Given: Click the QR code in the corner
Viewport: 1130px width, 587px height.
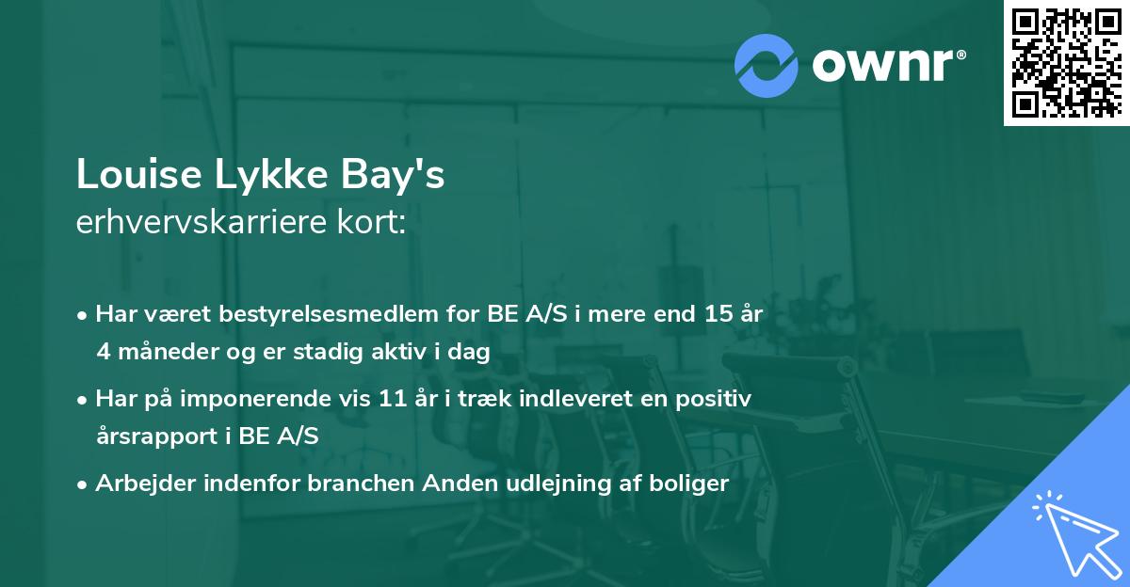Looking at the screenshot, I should pos(1066,63).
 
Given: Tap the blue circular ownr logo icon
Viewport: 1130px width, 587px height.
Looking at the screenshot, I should pos(767,64).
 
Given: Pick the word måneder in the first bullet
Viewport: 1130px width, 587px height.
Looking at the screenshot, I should pos(163,353).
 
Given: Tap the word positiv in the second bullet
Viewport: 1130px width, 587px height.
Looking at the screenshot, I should pos(717,399).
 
